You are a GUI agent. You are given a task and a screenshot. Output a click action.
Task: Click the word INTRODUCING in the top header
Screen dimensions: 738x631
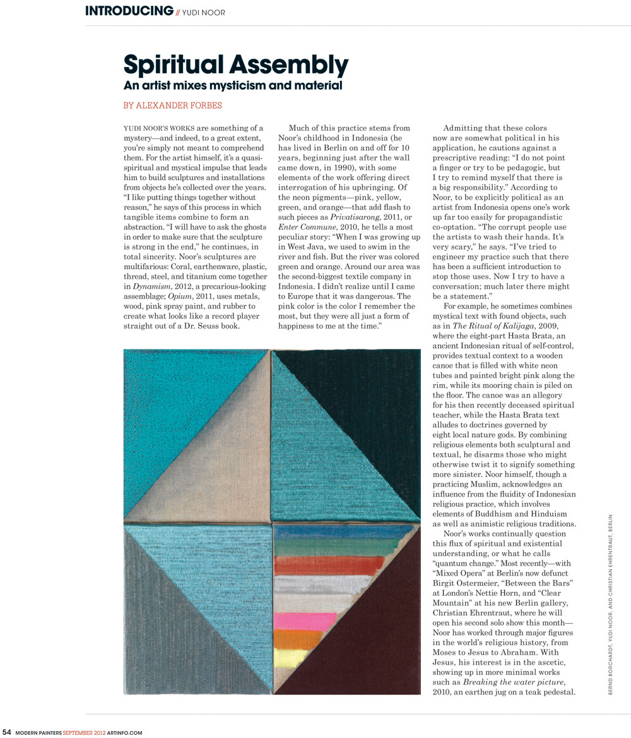129,11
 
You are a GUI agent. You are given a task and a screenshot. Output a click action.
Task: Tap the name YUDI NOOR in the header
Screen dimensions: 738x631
204,12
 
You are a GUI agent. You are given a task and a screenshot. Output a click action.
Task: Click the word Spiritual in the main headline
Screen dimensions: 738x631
175,65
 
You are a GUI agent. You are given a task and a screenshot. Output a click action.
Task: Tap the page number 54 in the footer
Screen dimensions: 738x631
7,732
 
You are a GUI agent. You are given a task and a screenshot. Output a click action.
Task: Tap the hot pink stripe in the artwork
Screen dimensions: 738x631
306,620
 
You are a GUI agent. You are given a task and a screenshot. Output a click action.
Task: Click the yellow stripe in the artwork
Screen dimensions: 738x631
291,658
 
